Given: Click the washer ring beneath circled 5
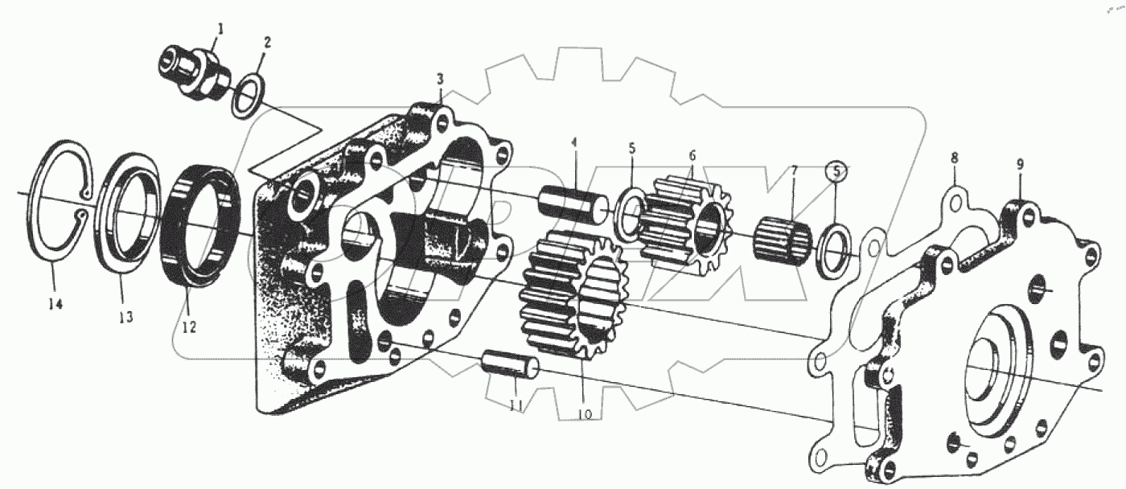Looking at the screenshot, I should [832, 242].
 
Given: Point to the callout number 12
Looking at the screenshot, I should [187, 328].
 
